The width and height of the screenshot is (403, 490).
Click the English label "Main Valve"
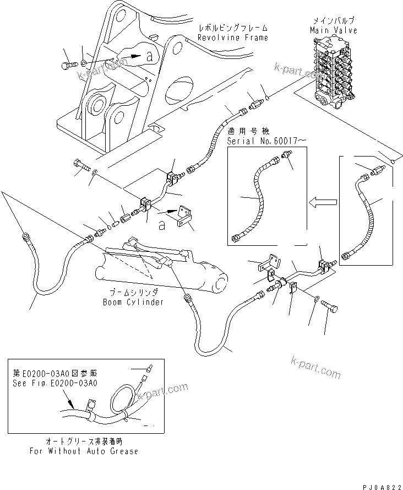tap(333, 30)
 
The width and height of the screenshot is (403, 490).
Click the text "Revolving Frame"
tap(227, 37)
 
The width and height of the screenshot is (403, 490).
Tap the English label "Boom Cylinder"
tap(133, 302)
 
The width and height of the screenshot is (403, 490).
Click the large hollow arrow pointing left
tap(322, 203)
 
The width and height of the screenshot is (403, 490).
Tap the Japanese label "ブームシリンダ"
tap(133, 293)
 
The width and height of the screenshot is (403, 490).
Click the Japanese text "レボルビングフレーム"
tap(226, 28)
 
